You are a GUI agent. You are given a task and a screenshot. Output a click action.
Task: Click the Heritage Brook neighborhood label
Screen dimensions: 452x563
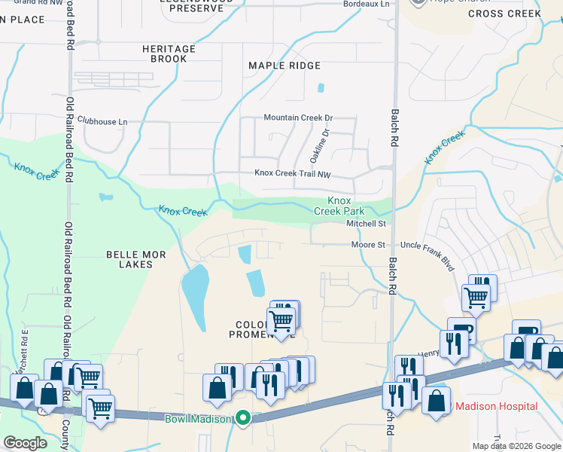click(x=169, y=53)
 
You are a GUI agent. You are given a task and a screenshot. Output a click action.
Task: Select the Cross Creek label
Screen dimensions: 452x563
click(x=504, y=14)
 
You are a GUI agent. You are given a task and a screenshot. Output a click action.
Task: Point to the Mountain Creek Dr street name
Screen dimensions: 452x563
click(x=298, y=118)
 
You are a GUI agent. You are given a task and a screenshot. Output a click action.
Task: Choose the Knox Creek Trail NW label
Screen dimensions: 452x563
click(x=293, y=173)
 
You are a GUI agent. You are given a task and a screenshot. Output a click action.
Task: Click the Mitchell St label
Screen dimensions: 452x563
click(x=366, y=224)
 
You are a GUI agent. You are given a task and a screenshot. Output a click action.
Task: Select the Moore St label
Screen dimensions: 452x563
click(x=368, y=245)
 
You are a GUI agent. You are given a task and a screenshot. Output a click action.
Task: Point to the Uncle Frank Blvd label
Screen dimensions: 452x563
click(x=428, y=246)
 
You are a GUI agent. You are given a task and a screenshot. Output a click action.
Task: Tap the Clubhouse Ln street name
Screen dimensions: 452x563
click(x=102, y=121)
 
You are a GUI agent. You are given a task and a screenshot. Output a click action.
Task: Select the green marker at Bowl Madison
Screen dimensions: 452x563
click(x=243, y=417)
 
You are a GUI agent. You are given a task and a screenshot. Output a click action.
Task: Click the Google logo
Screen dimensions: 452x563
click(x=26, y=443)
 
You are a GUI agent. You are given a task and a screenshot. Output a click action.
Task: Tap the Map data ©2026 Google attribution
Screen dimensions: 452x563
click(x=516, y=446)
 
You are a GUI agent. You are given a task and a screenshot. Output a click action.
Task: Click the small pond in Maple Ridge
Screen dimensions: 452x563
click(x=321, y=87)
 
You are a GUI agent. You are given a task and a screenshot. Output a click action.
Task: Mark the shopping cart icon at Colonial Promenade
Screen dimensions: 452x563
click(x=281, y=320)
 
